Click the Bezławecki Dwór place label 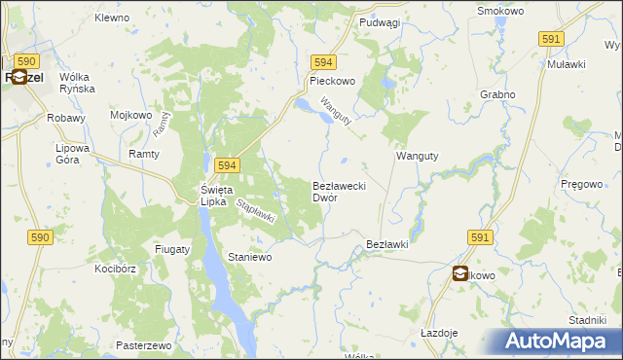[x=338, y=191]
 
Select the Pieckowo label [x=332, y=82]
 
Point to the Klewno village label [x=113, y=18]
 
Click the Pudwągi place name [x=380, y=22]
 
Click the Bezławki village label [x=386, y=244]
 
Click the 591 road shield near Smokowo [x=551, y=38]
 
